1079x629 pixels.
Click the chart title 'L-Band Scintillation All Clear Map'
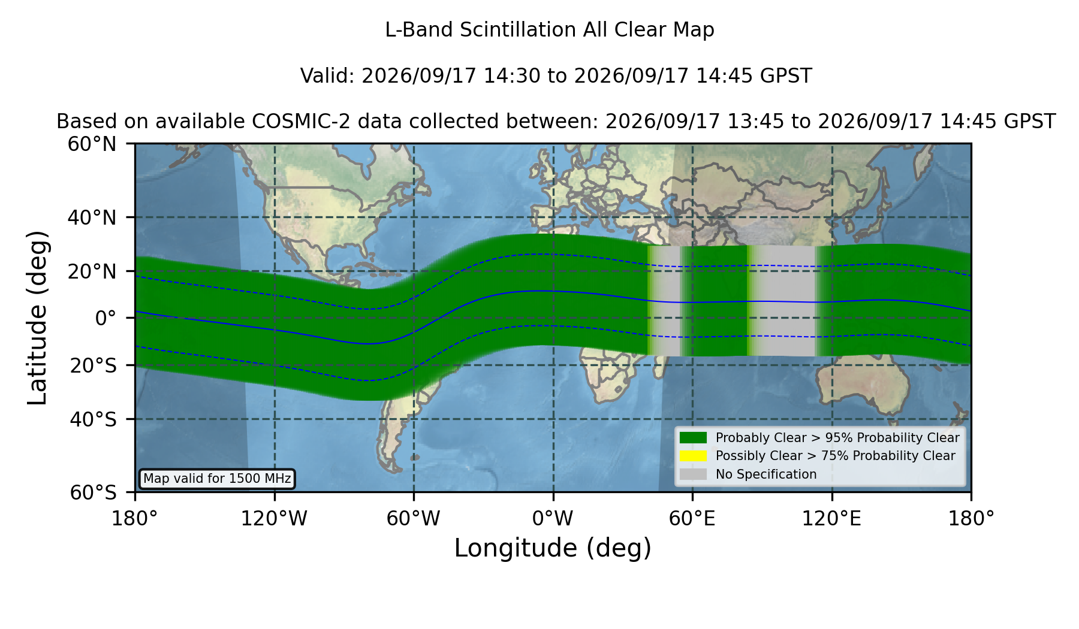549,30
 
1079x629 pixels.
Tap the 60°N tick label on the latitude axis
92,144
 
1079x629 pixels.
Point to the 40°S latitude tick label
93,419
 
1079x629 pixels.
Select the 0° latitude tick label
106,317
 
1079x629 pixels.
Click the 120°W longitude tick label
274,518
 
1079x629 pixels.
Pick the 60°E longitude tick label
692,518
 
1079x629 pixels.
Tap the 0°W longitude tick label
553,518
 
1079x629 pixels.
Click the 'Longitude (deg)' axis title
553,548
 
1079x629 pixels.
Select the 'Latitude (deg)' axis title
37,317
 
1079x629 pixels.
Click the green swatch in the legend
693,438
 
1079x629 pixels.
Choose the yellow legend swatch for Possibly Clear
693,456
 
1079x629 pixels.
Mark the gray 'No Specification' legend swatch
693,474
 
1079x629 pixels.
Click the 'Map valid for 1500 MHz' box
217,479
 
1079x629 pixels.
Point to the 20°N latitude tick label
92,271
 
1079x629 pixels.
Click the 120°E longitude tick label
831,518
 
